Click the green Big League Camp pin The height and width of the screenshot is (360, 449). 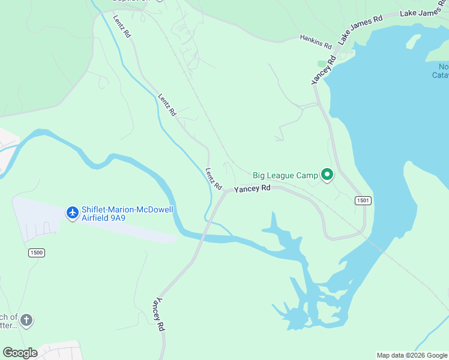tap(327, 175)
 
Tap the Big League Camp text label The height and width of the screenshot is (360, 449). tap(285, 175)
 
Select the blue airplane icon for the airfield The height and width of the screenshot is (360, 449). tap(73, 212)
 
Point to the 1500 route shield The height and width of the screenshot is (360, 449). tap(36, 253)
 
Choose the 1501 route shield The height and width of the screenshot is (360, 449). tap(363, 200)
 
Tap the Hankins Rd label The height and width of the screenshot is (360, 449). tap(316, 41)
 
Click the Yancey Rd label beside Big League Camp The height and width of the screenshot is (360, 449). tap(252, 188)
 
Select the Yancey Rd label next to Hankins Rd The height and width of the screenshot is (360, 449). tap(322, 72)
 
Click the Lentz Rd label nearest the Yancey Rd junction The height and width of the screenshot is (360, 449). tap(214, 178)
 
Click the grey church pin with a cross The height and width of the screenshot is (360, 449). tap(26, 320)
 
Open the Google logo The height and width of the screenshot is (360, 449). tap(20, 353)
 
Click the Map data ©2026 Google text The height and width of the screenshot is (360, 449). tap(411, 355)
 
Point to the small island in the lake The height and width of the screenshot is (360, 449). tap(413, 41)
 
